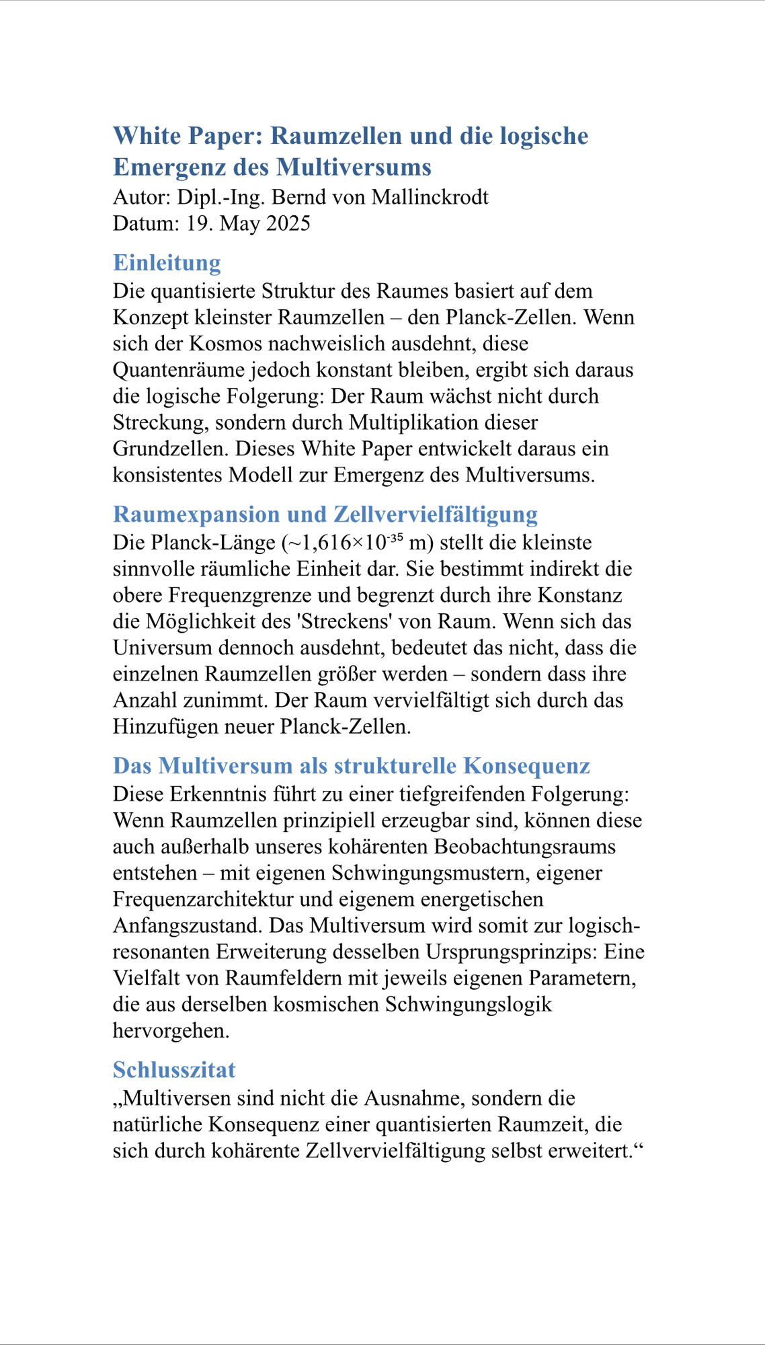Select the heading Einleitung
click(x=167, y=262)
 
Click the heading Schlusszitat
click(x=174, y=1069)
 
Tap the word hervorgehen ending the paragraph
click(x=171, y=1030)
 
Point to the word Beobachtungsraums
click(x=525, y=847)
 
